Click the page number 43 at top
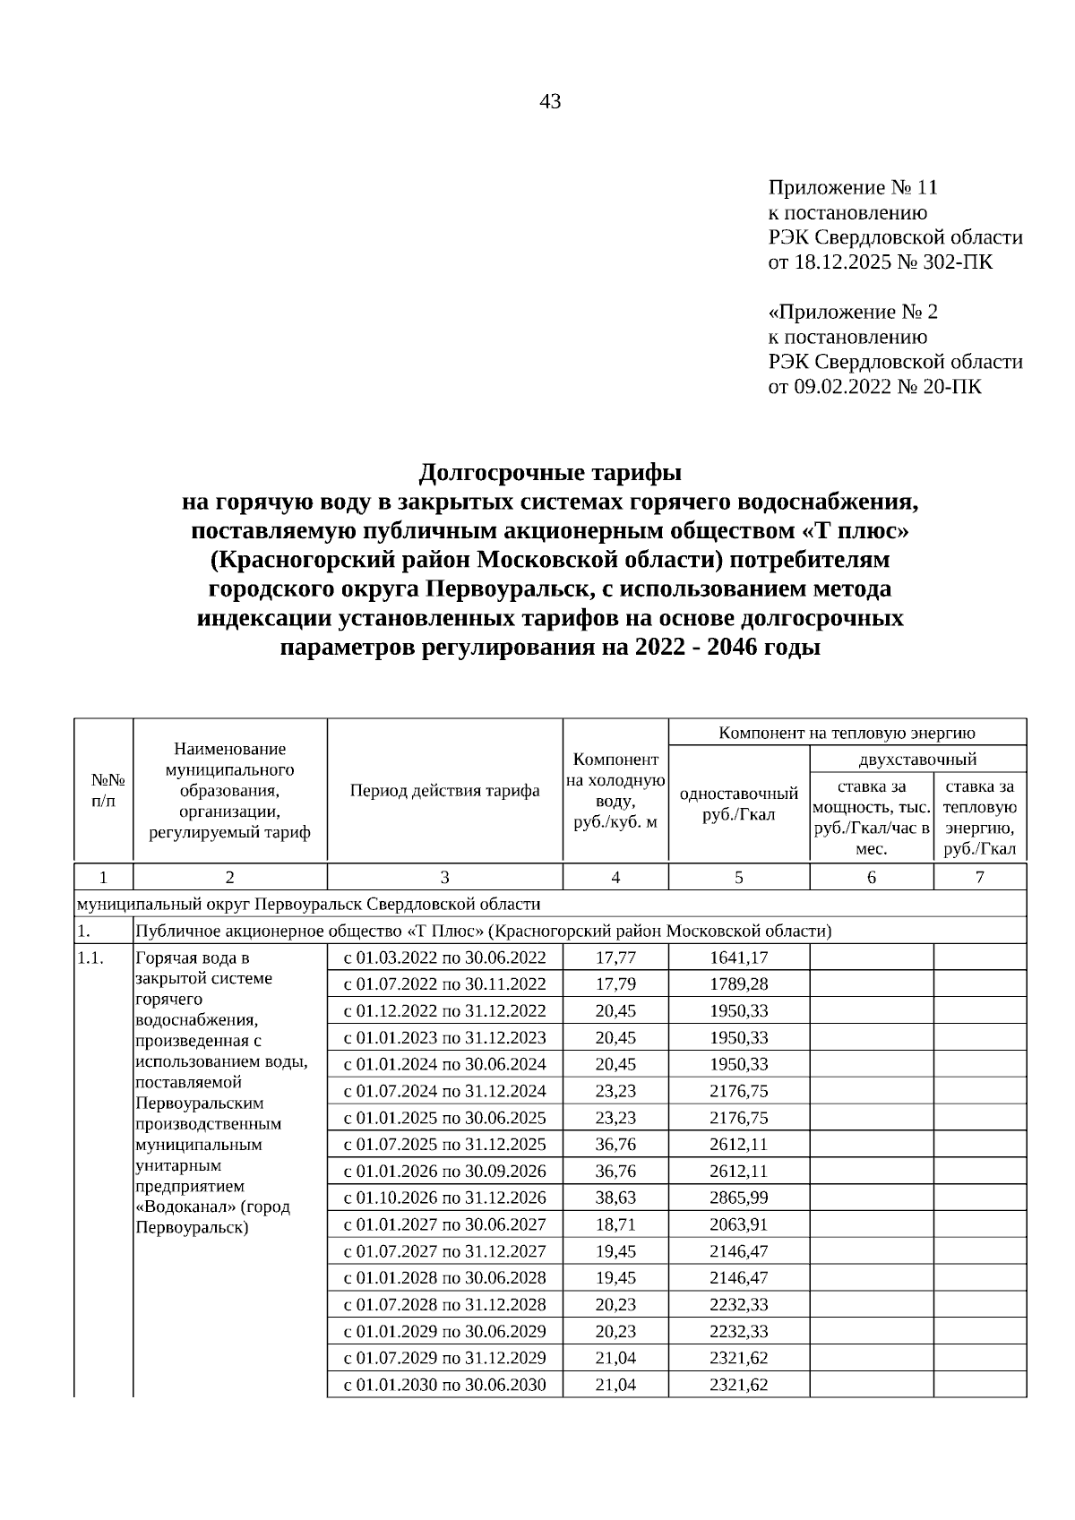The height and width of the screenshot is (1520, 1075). [x=550, y=102]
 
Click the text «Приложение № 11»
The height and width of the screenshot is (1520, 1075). [x=852, y=188]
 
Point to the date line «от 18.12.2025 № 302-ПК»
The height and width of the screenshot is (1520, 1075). [x=881, y=262]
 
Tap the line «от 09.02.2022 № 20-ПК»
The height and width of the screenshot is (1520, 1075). [x=874, y=387]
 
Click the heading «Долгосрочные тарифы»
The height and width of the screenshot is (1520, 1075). [x=550, y=472]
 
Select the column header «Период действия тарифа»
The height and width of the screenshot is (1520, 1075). [x=444, y=791]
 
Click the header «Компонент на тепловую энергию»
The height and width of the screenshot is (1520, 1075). [x=847, y=733]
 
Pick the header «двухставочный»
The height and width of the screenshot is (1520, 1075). [x=917, y=760]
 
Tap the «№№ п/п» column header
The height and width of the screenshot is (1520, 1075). [x=103, y=791]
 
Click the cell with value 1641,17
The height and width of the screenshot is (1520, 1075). [x=738, y=958]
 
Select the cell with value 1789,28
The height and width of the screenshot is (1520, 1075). [x=738, y=984]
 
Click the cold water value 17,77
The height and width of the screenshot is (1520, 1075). [x=615, y=958]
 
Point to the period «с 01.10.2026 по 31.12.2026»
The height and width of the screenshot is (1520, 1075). [x=444, y=1198]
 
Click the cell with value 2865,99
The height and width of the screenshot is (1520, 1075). [x=738, y=1198]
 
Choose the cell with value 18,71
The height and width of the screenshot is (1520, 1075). [x=615, y=1224]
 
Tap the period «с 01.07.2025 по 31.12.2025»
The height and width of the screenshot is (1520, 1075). [x=444, y=1145]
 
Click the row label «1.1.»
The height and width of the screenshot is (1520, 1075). [x=90, y=958]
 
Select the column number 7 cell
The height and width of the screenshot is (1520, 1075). [x=979, y=878]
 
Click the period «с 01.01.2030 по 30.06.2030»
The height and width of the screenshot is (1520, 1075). [x=444, y=1385]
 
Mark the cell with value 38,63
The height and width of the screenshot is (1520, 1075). [x=615, y=1198]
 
